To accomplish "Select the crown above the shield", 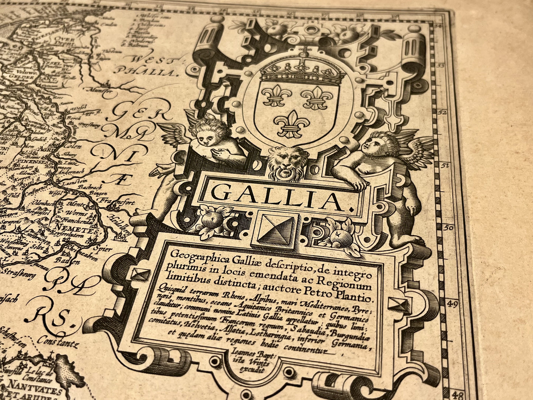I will point(302,70).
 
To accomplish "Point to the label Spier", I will point(102,248).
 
